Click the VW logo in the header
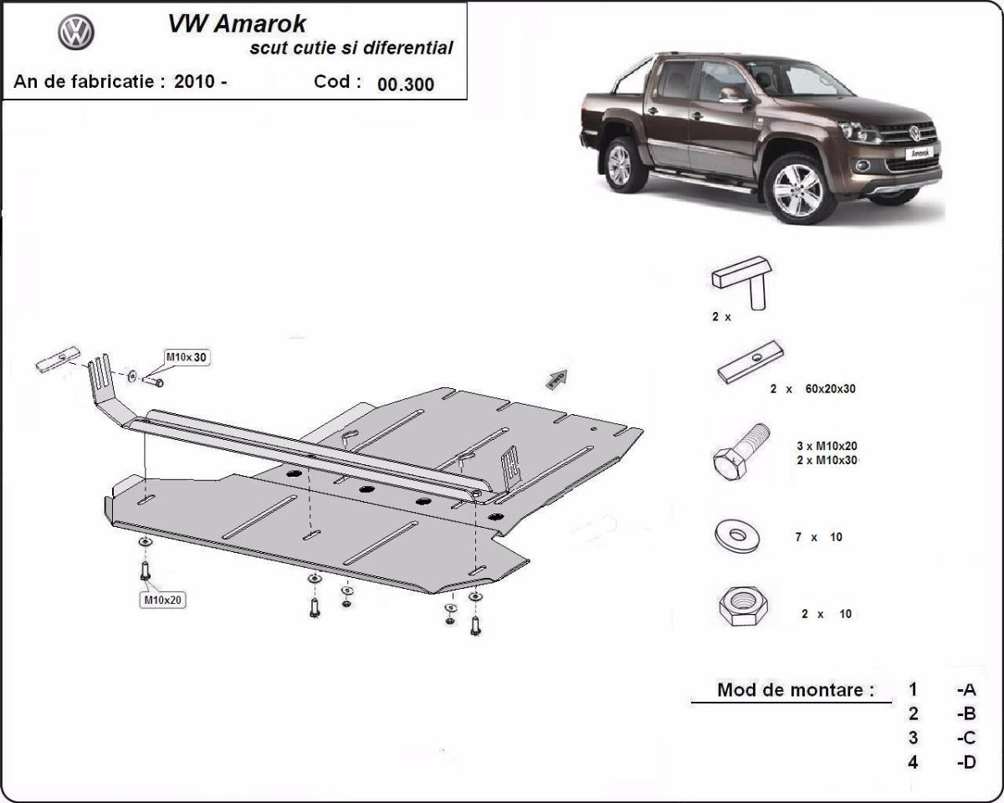tap(76, 33)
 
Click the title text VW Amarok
tap(237, 23)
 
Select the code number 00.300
tap(406, 84)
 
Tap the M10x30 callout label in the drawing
tap(187, 358)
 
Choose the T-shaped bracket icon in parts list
tap(744, 280)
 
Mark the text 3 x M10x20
tap(827, 446)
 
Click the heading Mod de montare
tap(795, 690)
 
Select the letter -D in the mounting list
tap(966, 762)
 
